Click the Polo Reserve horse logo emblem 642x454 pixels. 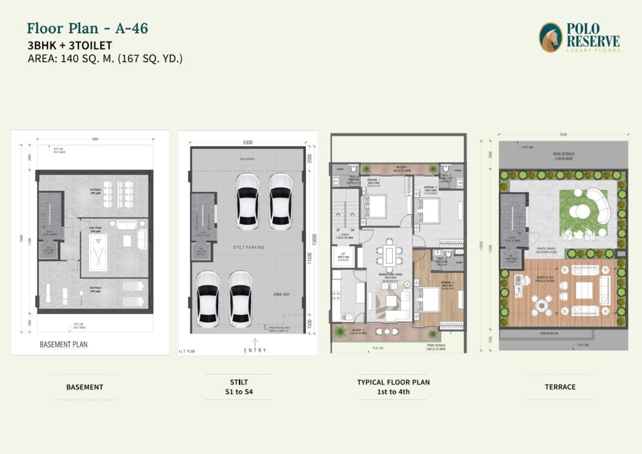coord(550,37)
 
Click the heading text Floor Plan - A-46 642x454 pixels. coord(87,28)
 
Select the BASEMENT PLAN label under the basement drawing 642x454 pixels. coord(63,344)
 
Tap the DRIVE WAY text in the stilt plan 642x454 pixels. coord(282,293)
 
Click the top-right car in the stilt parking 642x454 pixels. coord(280,199)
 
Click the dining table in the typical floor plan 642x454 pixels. coord(389,255)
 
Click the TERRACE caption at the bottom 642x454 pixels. coord(560,387)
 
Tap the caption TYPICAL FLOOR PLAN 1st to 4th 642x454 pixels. coord(393,386)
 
